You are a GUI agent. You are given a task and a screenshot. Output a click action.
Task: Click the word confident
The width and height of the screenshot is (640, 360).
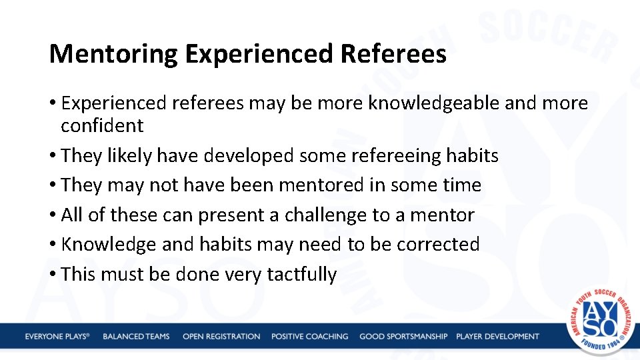[x=102, y=125]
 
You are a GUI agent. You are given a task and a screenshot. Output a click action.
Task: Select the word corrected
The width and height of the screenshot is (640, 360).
[x=438, y=245]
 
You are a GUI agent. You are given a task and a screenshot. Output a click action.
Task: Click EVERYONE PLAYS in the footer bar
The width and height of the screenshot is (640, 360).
[x=57, y=337]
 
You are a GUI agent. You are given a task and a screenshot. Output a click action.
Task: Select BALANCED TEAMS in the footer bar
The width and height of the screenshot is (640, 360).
[x=136, y=337]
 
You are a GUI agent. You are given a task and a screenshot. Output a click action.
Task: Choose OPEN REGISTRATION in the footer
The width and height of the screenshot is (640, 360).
[x=221, y=337]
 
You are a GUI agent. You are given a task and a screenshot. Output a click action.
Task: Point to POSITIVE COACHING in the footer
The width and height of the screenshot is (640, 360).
[x=309, y=337]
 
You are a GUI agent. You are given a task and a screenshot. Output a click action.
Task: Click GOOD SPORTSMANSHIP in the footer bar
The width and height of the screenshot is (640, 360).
[x=403, y=337]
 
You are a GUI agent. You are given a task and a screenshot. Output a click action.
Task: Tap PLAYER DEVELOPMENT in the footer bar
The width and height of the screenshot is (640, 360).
[x=497, y=337]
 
